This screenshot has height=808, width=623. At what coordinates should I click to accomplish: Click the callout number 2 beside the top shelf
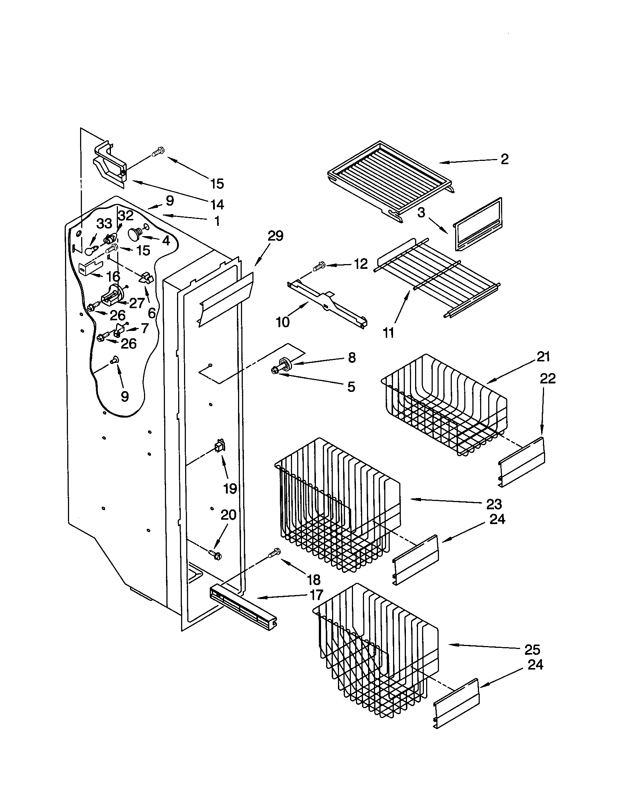[504, 159]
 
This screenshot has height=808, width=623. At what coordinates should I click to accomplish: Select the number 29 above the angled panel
[275, 236]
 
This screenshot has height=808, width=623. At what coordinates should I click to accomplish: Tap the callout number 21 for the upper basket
[543, 357]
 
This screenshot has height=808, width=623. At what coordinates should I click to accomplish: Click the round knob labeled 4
[135, 234]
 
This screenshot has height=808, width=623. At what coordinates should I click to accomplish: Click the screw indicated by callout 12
[319, 266]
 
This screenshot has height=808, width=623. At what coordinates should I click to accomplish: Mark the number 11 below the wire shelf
[388, 333]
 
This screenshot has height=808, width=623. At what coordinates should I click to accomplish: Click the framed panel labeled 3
[478, 224]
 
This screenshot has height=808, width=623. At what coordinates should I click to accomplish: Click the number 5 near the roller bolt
[351, 387]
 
